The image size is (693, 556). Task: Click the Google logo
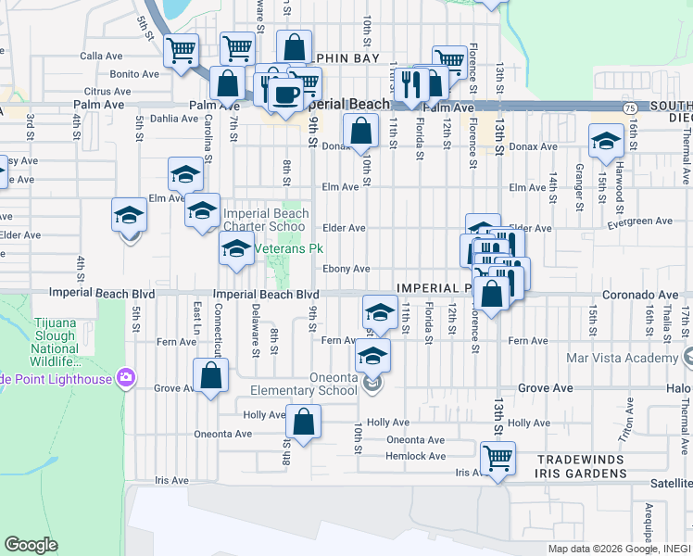click(x=31, y=545)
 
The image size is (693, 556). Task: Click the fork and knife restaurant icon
click(x=409, y=84)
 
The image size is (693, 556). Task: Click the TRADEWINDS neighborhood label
click(x=568, y=458)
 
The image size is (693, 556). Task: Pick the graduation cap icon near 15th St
click(x=606, y=141)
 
